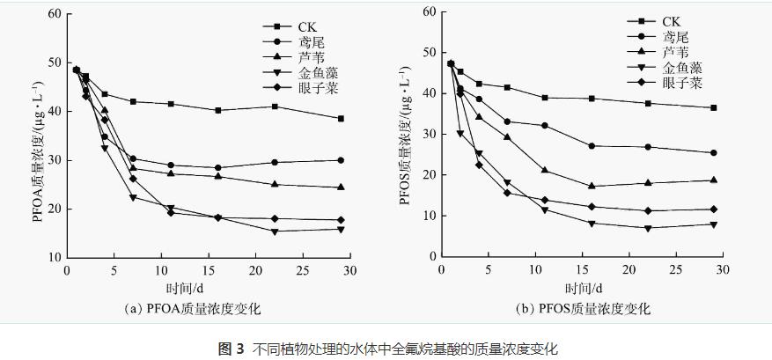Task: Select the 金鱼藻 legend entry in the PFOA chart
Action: (319, 73)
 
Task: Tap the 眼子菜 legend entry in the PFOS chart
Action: (681, 84)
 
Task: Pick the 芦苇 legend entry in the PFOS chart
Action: (675, 52)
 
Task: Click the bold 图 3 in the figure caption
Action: (231, 349)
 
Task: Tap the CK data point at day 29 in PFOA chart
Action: (341, 118)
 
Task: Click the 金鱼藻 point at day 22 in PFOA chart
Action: (275, 231)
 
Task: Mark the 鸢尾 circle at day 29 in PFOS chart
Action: (713, 152)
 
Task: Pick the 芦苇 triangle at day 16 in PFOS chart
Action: (592, 186)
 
